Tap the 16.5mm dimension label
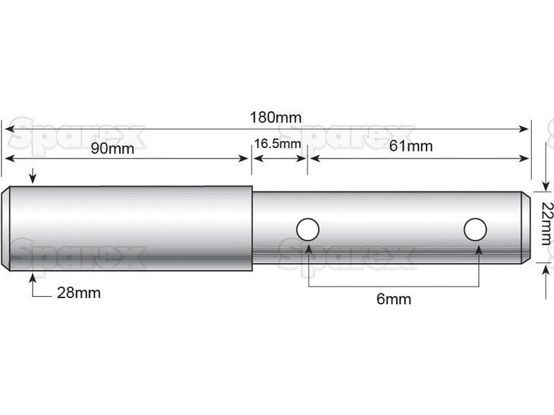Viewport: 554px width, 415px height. click(x=277, y=145)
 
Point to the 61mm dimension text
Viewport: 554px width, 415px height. click(x=411, y=146)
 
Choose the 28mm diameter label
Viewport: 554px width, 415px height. click(x=78, y=293)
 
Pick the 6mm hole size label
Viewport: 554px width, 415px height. click(x=394, y=299)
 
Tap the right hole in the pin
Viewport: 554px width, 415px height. click(x=475, y=229)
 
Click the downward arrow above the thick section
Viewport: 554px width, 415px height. click(x=30, y=179)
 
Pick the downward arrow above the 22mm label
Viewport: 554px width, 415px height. click(x=545, y=186)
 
